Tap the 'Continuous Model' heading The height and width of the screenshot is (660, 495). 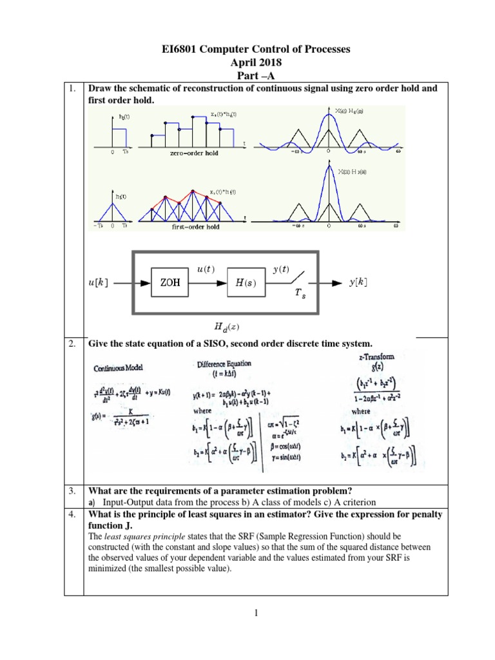pos(120,369)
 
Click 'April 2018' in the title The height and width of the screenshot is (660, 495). pos(247,63)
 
